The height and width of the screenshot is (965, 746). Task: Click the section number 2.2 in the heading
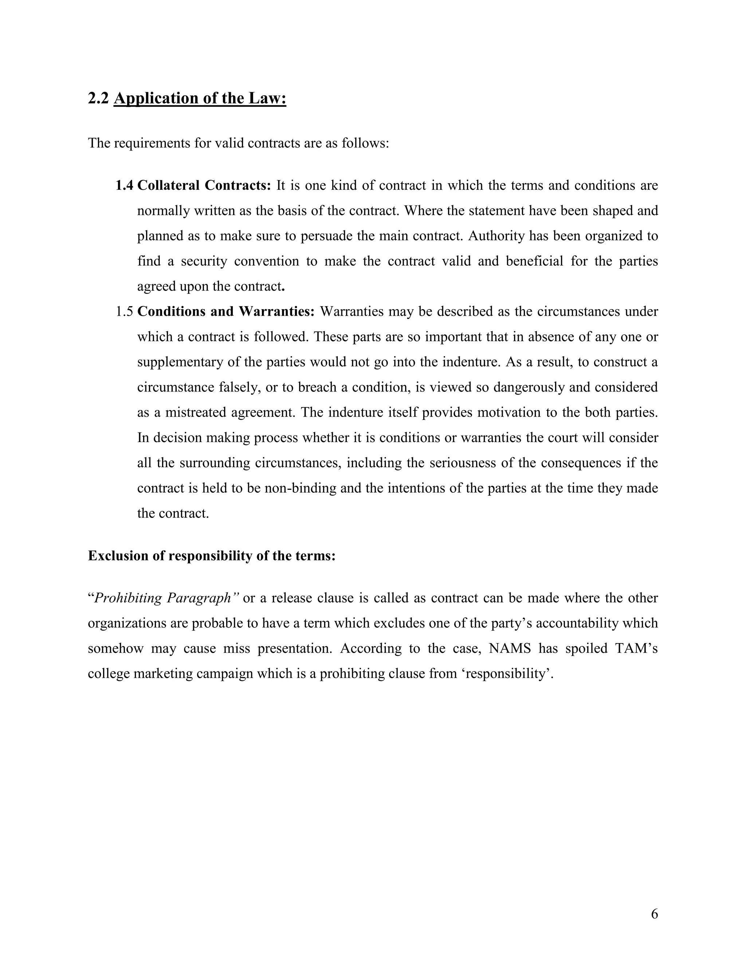98,98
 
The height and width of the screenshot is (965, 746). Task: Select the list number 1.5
124,311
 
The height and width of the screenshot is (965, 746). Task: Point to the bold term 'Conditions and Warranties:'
226,311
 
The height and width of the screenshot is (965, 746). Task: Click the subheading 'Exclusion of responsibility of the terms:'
212,556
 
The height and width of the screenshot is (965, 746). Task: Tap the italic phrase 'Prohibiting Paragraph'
162,598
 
